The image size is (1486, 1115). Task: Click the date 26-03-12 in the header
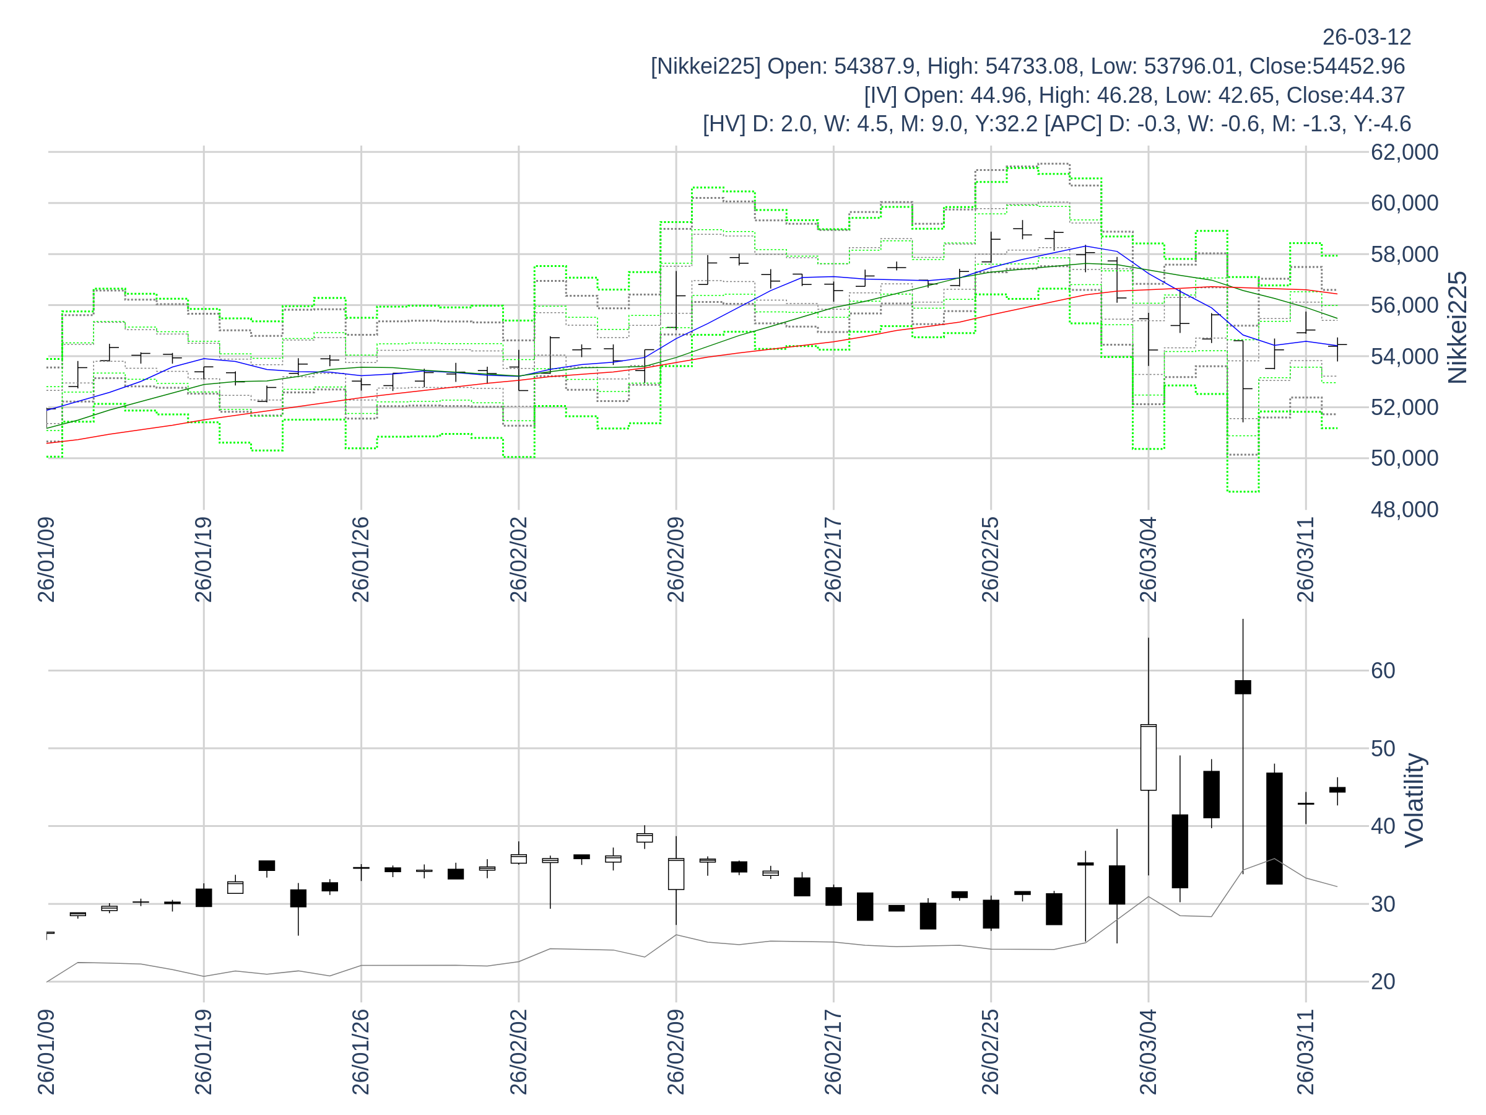click(1367, 37)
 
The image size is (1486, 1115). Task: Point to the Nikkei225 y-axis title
click(1457, 328)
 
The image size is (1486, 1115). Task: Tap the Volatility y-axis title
click(1414, 800)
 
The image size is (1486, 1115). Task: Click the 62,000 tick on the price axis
click(1404, 152)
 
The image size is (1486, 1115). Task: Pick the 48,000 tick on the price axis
click(1404, 509)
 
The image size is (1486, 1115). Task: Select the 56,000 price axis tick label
click(1404, 305)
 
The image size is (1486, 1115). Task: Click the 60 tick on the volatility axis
click(1383, 670)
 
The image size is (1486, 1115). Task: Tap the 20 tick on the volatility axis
click(1383, 981)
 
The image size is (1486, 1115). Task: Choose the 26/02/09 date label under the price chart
click(676, 559)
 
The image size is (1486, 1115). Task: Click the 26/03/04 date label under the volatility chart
click(1149, 1051)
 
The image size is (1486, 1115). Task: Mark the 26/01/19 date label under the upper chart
click(204, 559)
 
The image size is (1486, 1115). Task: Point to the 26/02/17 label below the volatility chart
click(833, 1051)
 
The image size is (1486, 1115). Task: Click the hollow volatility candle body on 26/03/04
click(1149, 757)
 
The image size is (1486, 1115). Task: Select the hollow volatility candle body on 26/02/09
click(676, 873)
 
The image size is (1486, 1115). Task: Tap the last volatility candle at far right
click(1337, 790)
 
